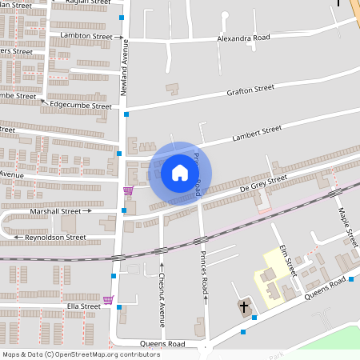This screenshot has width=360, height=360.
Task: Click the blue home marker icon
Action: [x=179, y=173]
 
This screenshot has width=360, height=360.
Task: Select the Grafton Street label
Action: [x=250, y=89]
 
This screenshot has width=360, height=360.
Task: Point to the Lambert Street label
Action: [x=257, y=130]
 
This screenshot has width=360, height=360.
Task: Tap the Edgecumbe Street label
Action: [x=80, y=105]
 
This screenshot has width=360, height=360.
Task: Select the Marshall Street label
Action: [x=55, y=212]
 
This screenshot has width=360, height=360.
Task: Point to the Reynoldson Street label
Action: [x=55, y=238]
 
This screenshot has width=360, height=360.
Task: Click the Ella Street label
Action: [x=83, y=306]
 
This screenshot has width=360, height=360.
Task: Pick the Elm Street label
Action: [x=287, y=261]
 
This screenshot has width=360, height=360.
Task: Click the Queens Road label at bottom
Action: [x=162, y=344]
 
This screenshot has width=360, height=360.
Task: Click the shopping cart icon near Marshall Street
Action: [x=128, y=191]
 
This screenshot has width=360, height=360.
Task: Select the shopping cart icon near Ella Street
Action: [x=109, y=300]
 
